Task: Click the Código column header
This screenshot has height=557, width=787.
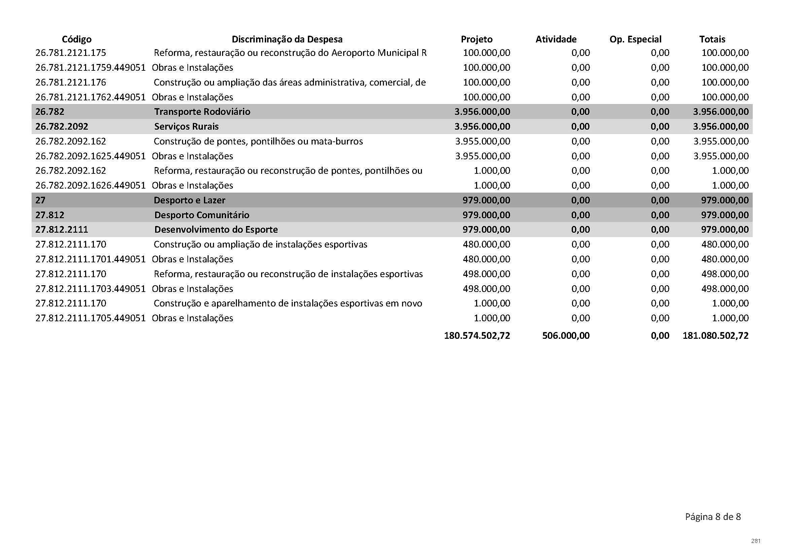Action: click(76, 39)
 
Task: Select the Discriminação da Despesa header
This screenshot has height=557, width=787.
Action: click(287, 39)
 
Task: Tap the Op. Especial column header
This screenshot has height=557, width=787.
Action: click(635, 39)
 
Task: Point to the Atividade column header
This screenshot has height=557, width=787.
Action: click(556, 39)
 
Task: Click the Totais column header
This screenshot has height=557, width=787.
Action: click(712, 39)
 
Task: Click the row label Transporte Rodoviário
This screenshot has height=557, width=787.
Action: click(202, 112)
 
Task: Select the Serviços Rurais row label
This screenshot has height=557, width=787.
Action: click(186, 127)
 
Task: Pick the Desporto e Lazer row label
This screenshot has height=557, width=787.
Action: click(189, 200)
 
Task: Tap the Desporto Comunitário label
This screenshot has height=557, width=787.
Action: click(202, 215)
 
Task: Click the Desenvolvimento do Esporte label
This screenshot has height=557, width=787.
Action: click(216, 229)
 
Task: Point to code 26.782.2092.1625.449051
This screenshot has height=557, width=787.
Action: click(91, 156)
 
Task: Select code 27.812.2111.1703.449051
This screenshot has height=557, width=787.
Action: click(91, 289)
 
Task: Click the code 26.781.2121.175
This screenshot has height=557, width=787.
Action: click(71, 53)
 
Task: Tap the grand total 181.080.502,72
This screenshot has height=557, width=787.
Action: click(715, 335)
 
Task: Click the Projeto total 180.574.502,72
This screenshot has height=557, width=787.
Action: click(477, 335)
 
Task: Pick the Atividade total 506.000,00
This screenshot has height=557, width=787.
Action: click(566, 335)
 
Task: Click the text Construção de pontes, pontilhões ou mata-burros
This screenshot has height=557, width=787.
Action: click(258, 141)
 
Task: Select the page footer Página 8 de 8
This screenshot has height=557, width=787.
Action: click(713, 526)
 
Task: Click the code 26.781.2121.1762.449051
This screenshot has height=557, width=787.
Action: click(91, 97)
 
